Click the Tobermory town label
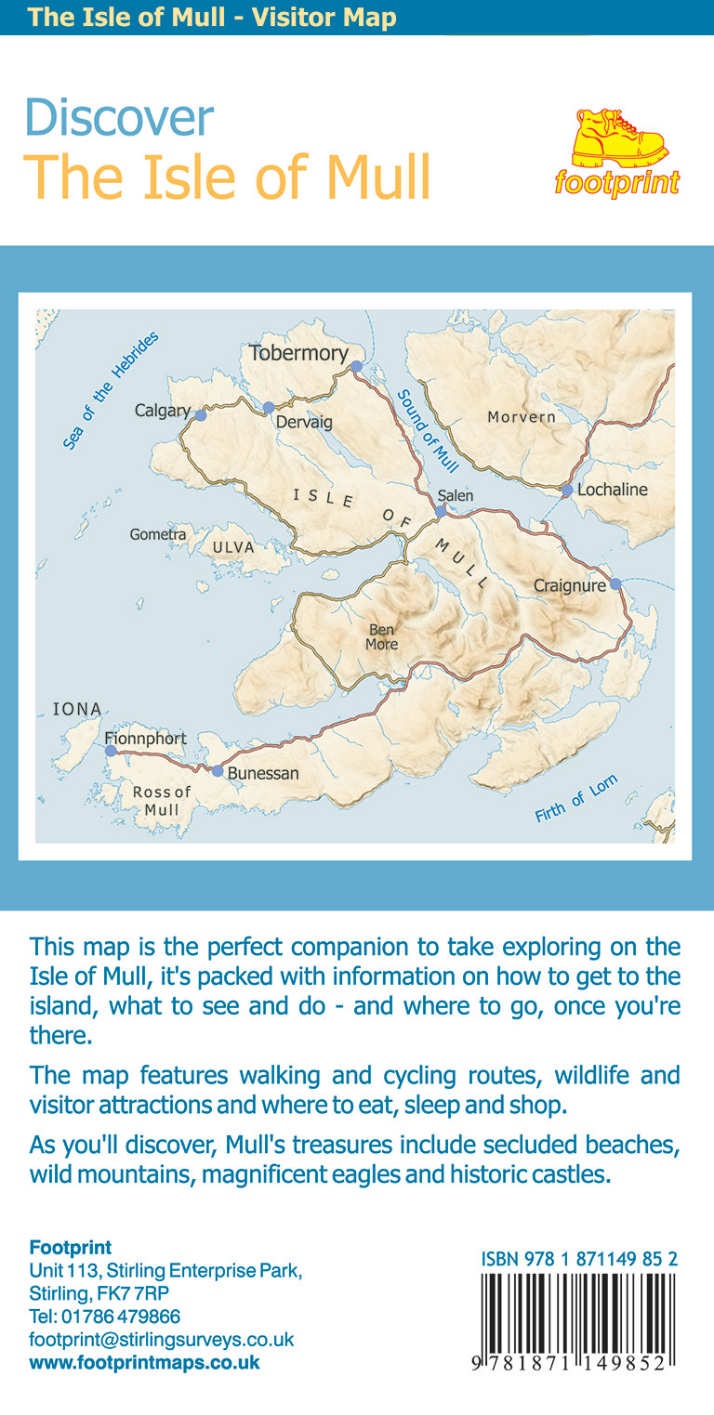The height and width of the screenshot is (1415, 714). pyautogui.click(x=298, y=353)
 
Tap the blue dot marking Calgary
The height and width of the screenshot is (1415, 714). pyautogui.click(x=200, y=415)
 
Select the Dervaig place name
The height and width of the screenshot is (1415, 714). pyautogui.click(x=303, y=423)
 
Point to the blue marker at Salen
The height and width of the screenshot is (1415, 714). pyautogui.click(x=441, y=510)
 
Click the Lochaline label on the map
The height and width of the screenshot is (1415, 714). pyautogui.click(x=613, y=490)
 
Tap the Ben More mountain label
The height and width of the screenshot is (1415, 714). pyautogui.click(x=382, y=637)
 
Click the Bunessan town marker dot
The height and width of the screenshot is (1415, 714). pyautogui.click(x=218, y=771)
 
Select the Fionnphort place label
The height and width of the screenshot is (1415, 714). pyautogui.click(x=146, y=739)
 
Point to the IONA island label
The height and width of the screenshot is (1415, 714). pyautogui.click(x=77, y=709)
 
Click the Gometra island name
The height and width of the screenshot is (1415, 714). pyautogui.click(x=158, y=534)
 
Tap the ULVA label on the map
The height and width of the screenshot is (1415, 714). pyautogui.click(x=233, y=547)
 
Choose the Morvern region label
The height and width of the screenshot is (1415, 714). pyautogui.click(x=522, y=417)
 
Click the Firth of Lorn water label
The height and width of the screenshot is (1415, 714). pyautogui.click(x=576, y=798)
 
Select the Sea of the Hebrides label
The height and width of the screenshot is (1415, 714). pyautogui.click(x=112, y=390)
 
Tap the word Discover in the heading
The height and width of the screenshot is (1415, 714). pyautogui.click(x=119, y=118)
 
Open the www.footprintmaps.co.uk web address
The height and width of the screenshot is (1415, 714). pyautogui.click(x=145, y=1363)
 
